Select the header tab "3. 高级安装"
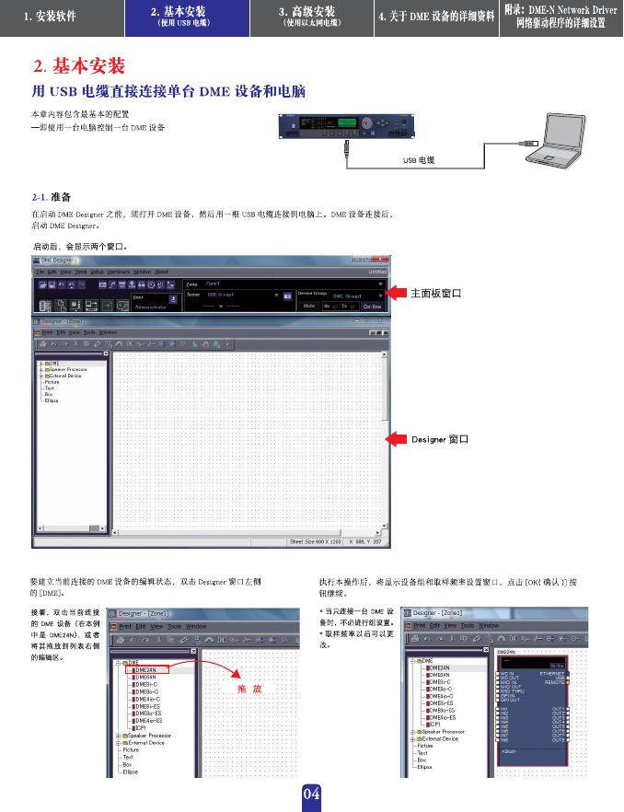312,17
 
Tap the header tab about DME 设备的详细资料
436,17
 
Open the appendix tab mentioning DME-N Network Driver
560,17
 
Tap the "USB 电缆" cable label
419,160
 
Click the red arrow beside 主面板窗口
395,293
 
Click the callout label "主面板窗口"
435,293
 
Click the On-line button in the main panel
372,305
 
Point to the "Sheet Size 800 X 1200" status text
317,541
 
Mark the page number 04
311,794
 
